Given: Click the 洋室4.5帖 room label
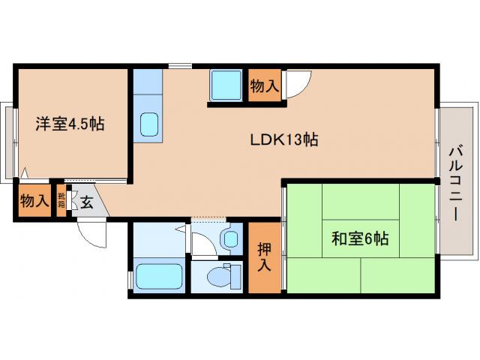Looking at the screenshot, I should [69, 124].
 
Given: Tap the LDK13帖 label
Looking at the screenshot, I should [284, 139].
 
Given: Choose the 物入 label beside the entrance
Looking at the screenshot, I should [34, 201].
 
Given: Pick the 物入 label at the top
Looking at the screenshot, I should [264, 86].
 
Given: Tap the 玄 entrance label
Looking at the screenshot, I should [87, 202].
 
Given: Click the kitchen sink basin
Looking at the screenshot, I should [149, 124].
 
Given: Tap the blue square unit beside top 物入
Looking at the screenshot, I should [226, 85].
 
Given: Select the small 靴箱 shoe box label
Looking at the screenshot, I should [61, 200].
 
